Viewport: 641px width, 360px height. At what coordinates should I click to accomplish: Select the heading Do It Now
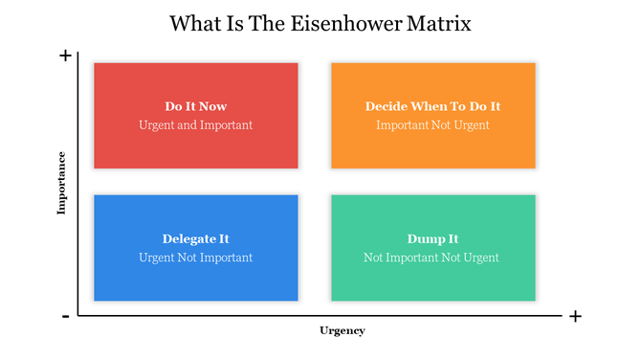(x=195, y=106)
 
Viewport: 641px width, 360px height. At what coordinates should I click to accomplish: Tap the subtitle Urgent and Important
(x=195, y=124)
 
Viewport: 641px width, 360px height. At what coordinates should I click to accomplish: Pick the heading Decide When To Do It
(x=432, y=106)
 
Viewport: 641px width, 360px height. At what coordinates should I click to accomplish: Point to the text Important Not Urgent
(x=432, y=124)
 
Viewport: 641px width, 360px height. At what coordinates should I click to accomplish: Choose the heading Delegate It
(x=195, y=238)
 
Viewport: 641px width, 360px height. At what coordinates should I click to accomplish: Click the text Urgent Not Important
(x=195, y=257)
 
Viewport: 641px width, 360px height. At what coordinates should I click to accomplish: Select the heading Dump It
(x=432, y=238)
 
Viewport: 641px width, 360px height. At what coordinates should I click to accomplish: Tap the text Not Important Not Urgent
(x=432, y=257)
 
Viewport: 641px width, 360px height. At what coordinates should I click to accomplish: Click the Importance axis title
(x=61, y=182)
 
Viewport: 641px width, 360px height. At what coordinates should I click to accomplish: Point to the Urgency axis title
(x=342, y=330)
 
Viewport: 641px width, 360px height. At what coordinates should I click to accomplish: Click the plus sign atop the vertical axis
(x=65, y=56)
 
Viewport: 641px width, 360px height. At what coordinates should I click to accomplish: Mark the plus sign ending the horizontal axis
(x=574, y=316)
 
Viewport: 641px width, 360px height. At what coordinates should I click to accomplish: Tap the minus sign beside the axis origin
(x=65, y=316)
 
